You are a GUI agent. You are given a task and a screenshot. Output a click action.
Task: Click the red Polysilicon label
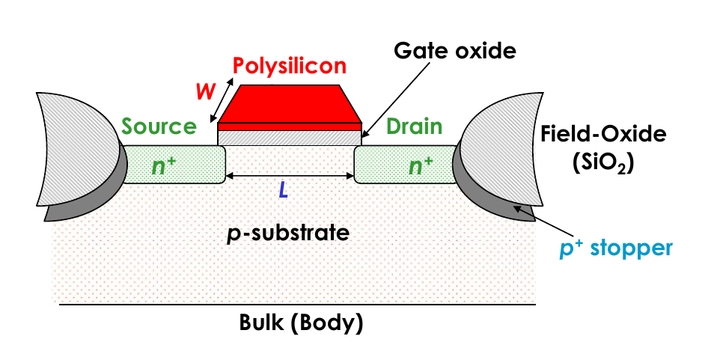(290, 66)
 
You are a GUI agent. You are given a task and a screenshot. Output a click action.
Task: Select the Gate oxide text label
(454, 50)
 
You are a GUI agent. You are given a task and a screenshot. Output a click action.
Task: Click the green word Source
(159, 126)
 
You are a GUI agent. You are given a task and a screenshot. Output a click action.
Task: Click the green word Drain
(415, 126)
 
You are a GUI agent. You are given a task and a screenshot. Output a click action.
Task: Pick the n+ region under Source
(174, 165)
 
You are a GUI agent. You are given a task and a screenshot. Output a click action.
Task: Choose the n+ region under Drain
(406, 165)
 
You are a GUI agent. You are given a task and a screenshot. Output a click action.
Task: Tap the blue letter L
(284, 190)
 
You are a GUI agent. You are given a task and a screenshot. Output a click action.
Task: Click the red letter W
(205, 92)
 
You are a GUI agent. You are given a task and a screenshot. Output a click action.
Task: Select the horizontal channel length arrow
(290, 175)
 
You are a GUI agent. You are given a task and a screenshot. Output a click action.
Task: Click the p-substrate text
(288, 233)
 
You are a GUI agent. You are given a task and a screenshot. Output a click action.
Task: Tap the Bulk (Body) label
(301, 323)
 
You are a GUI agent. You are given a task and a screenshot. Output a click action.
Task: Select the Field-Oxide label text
(603, 134)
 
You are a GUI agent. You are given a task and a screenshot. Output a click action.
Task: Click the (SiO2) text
(603, 163)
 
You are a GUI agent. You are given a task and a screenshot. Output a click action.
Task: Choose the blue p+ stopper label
(616, 248)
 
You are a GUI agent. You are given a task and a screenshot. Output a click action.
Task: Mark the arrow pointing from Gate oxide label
(395, 100)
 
